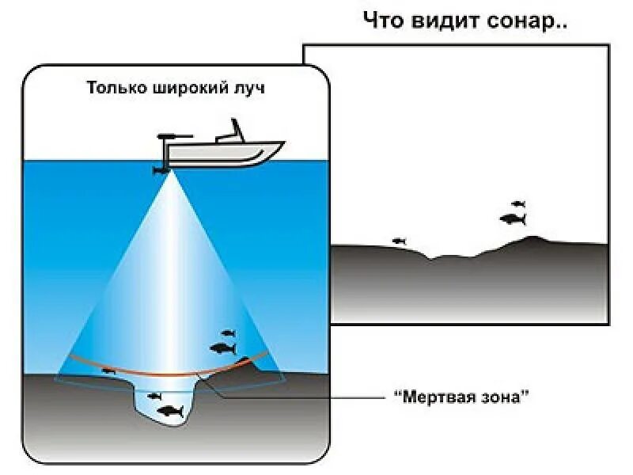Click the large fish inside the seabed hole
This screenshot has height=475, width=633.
pyautogui.click(x=170, y=411)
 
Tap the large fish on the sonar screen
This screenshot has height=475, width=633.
pyautogui.click(x=513, y=219)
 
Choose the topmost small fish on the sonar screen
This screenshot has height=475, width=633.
pyautogui.click(x=518, y=204)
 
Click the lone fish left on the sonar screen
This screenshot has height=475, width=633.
pyautogui.click(x=399, y=241)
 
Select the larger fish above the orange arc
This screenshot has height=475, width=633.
pyautogui.click(x=223, y=348)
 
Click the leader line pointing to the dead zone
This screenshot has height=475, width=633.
pyautogui.click(x=301, y=397)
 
